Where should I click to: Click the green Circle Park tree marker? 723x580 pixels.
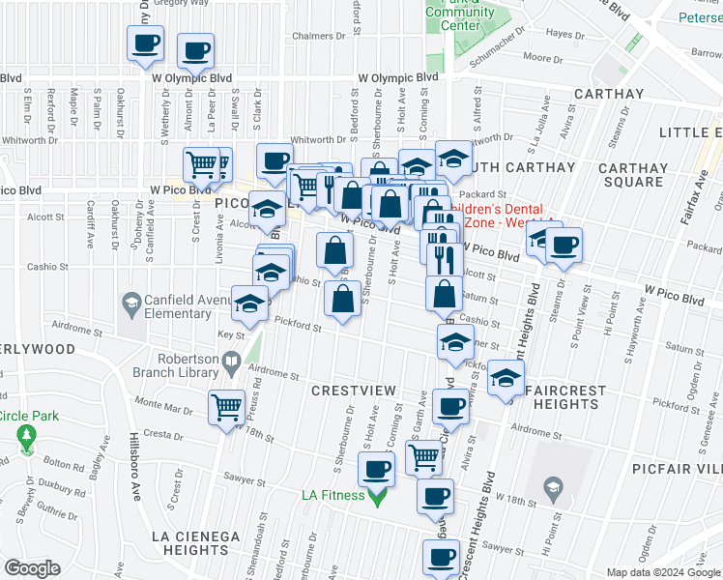coord(25,439)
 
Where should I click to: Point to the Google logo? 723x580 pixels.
coord(32,568)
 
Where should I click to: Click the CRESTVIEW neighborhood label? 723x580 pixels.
coord(354,390)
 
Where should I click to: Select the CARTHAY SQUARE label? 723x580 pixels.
coord(632,174)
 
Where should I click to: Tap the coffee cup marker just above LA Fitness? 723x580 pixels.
coord(376,470)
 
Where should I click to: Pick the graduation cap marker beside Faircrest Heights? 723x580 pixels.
coord(505,377)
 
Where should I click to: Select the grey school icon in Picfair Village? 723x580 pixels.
coord(552,485)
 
